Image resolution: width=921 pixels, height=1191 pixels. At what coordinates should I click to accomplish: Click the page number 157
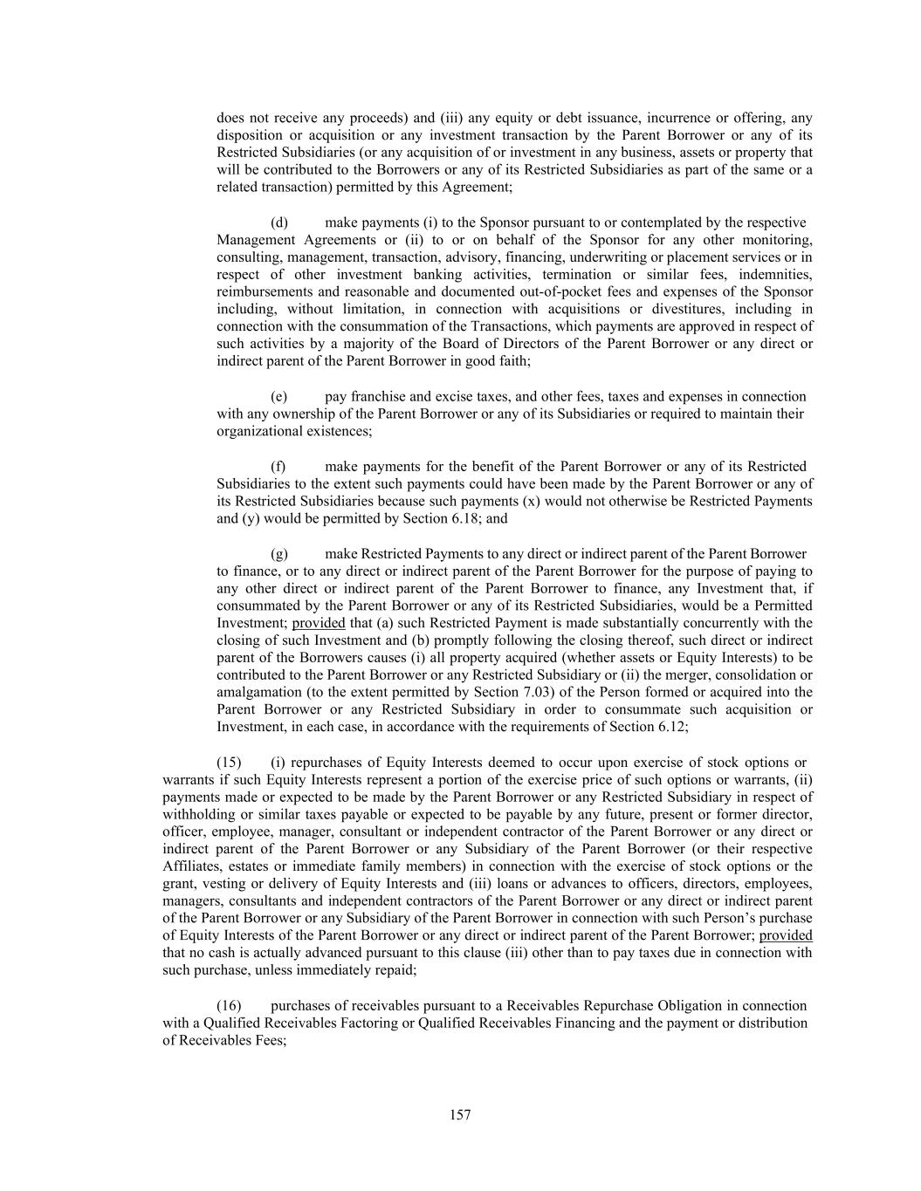pos(460,1115)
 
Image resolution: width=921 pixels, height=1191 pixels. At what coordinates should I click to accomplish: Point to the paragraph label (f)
pos(278,467)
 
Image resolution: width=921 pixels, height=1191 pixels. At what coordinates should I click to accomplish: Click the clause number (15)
pos(229,763)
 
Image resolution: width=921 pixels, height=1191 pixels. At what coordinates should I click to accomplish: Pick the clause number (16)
pos(229,1006)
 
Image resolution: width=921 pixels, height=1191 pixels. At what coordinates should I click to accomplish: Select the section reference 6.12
pos(672,727)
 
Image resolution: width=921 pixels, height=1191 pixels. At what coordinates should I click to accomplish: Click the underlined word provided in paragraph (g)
pos(319,623)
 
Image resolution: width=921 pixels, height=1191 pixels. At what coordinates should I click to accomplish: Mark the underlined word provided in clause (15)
pos(786,935)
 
